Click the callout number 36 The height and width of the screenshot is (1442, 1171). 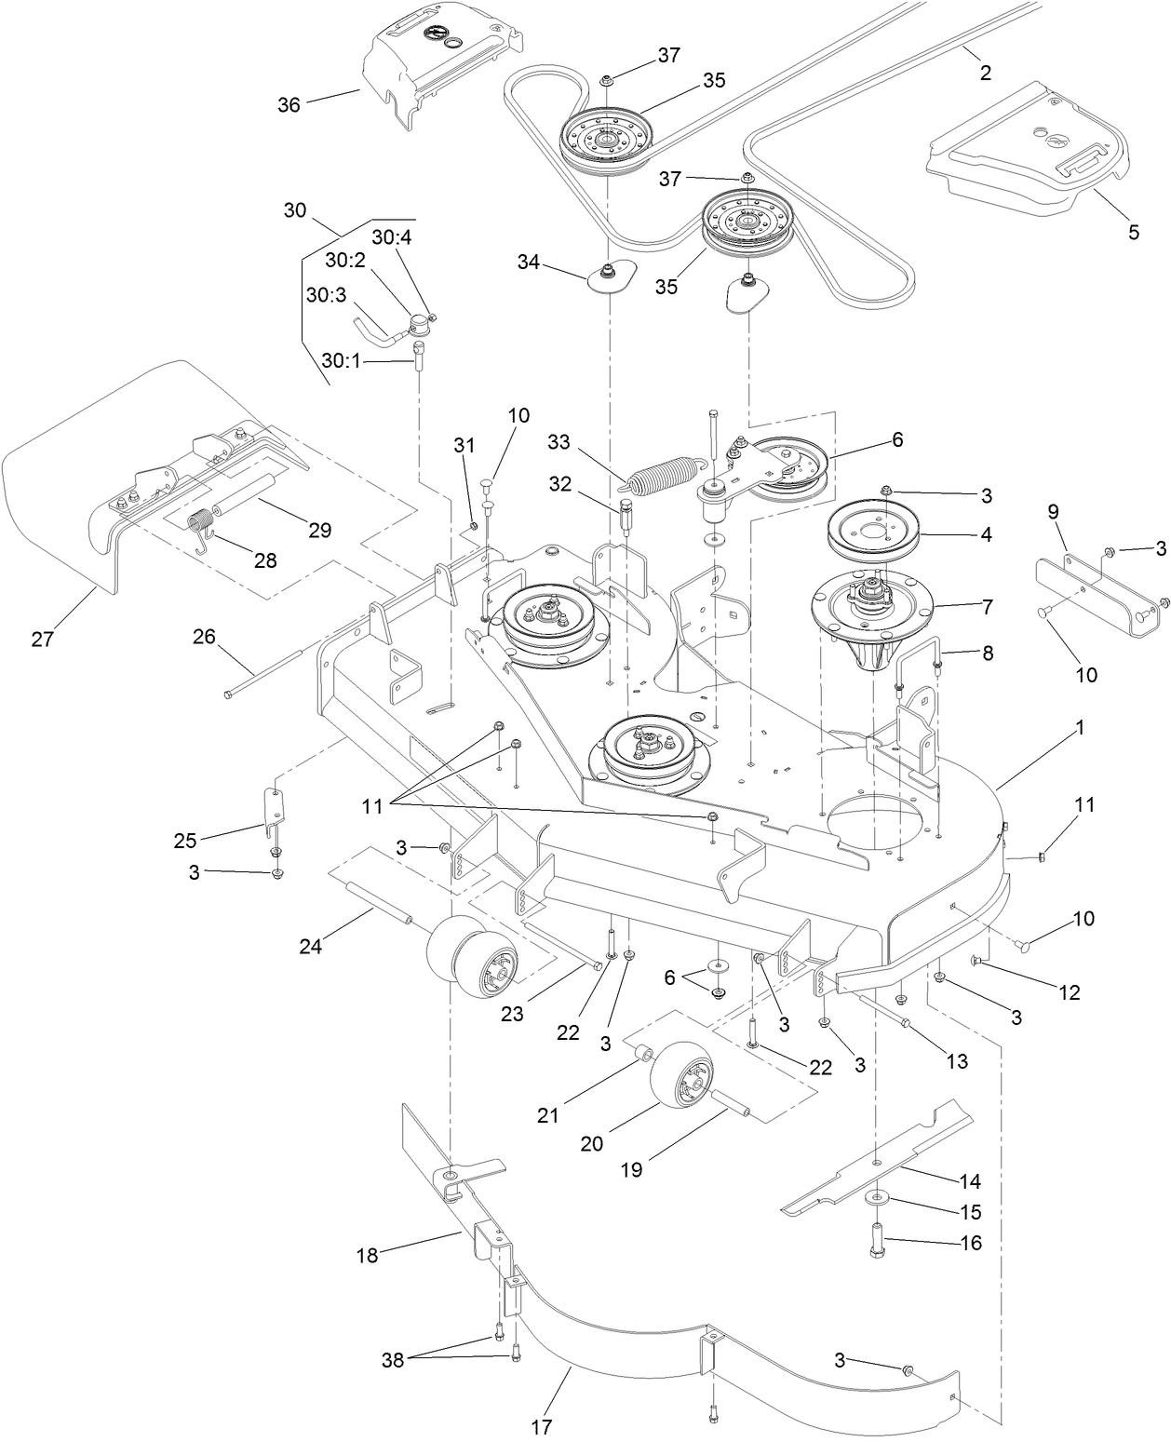(289, 104)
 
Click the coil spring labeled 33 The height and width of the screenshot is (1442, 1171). (663, 474)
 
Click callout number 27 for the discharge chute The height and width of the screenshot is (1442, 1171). (43, 639)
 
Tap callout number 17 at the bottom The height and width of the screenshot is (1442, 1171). (542, 1425)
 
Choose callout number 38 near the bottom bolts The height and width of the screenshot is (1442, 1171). (392, 1359)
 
